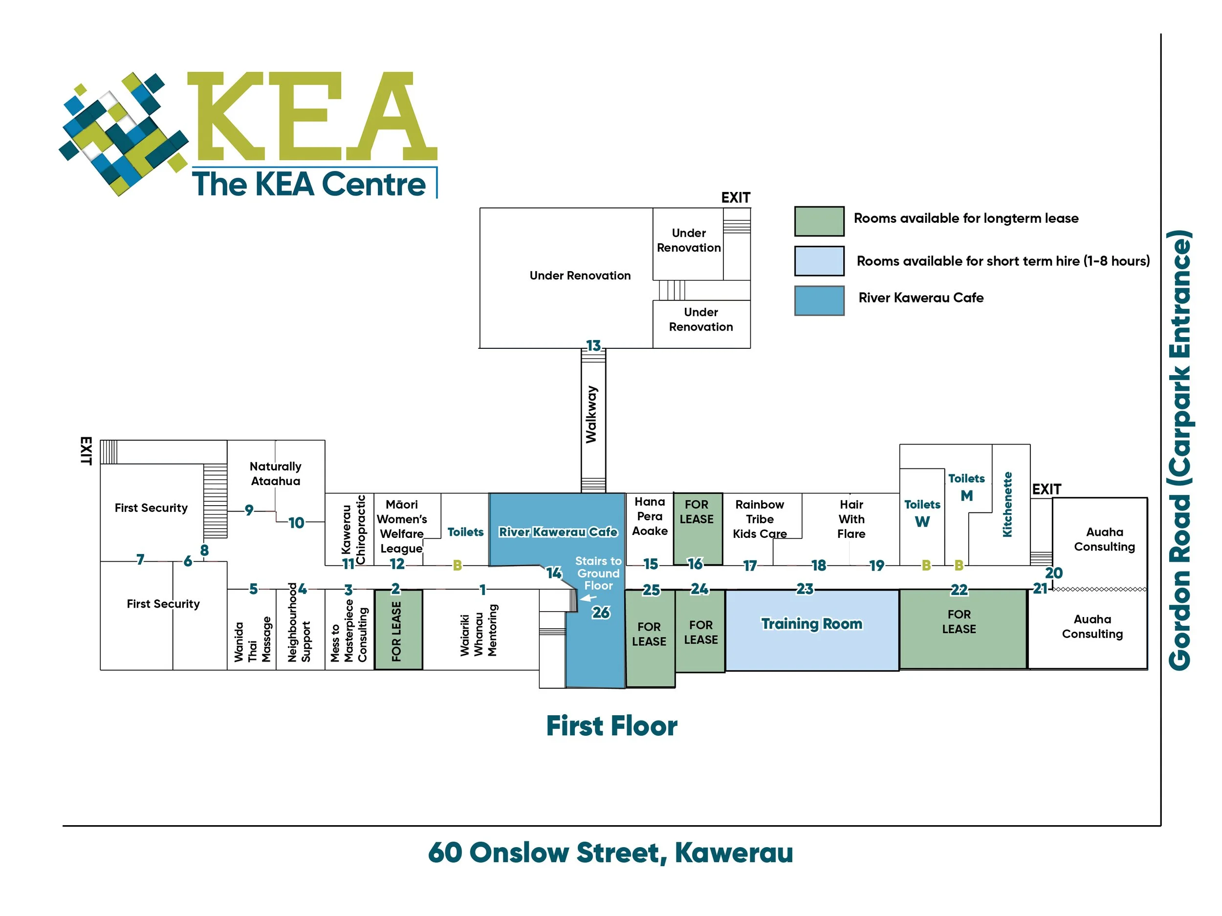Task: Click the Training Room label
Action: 811,624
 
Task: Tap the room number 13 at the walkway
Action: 593,346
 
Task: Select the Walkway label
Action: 591,414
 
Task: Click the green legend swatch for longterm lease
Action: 819,221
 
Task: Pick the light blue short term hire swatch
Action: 819,260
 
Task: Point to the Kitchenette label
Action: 1007,504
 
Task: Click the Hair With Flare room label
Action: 851,519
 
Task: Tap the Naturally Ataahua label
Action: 276,474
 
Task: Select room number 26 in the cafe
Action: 601,612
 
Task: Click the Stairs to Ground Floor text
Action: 598,573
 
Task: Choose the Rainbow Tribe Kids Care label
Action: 760,519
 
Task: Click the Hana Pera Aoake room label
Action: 650,516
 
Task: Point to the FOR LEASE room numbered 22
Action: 959,622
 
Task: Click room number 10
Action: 296,523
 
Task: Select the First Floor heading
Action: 611,726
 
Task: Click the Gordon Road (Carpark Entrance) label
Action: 1180,450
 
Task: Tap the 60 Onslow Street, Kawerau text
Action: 611,852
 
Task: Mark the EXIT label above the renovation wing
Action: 735,198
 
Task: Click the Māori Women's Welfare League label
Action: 402,526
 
